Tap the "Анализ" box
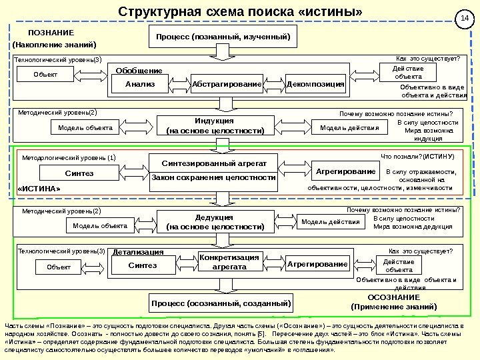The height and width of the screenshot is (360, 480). tap(140, 85)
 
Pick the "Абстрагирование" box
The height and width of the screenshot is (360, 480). tap(227, 85)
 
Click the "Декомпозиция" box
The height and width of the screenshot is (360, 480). tap(315, 85)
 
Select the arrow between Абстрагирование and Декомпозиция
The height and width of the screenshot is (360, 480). tap(274, 85)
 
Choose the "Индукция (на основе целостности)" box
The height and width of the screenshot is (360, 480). tap(215, 126)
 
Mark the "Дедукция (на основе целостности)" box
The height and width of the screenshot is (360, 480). tap(215, 222)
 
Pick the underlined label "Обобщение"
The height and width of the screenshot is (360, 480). tap(139, 71)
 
